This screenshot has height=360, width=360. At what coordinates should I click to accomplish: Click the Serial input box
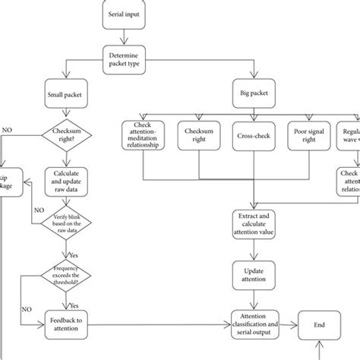click(x=124, y=13)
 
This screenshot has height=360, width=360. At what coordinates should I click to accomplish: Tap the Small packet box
click(x=68, y=96)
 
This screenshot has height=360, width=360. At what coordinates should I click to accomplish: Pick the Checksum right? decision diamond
click(x=68, y=135)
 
